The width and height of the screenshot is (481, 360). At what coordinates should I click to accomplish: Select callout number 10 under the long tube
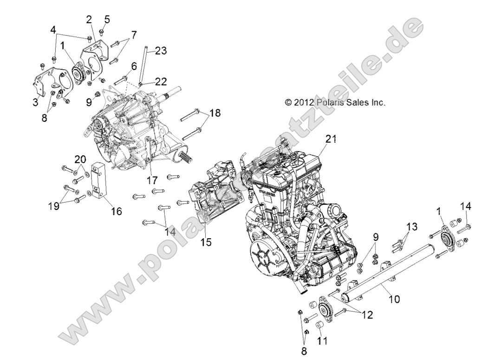[393, 299]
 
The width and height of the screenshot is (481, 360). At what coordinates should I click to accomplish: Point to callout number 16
[116, 211]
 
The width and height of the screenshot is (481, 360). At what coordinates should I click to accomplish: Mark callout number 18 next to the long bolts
[214, 113]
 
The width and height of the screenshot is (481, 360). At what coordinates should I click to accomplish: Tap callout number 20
[81, 159]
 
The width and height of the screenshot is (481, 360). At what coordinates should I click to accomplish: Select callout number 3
[35, 102]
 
